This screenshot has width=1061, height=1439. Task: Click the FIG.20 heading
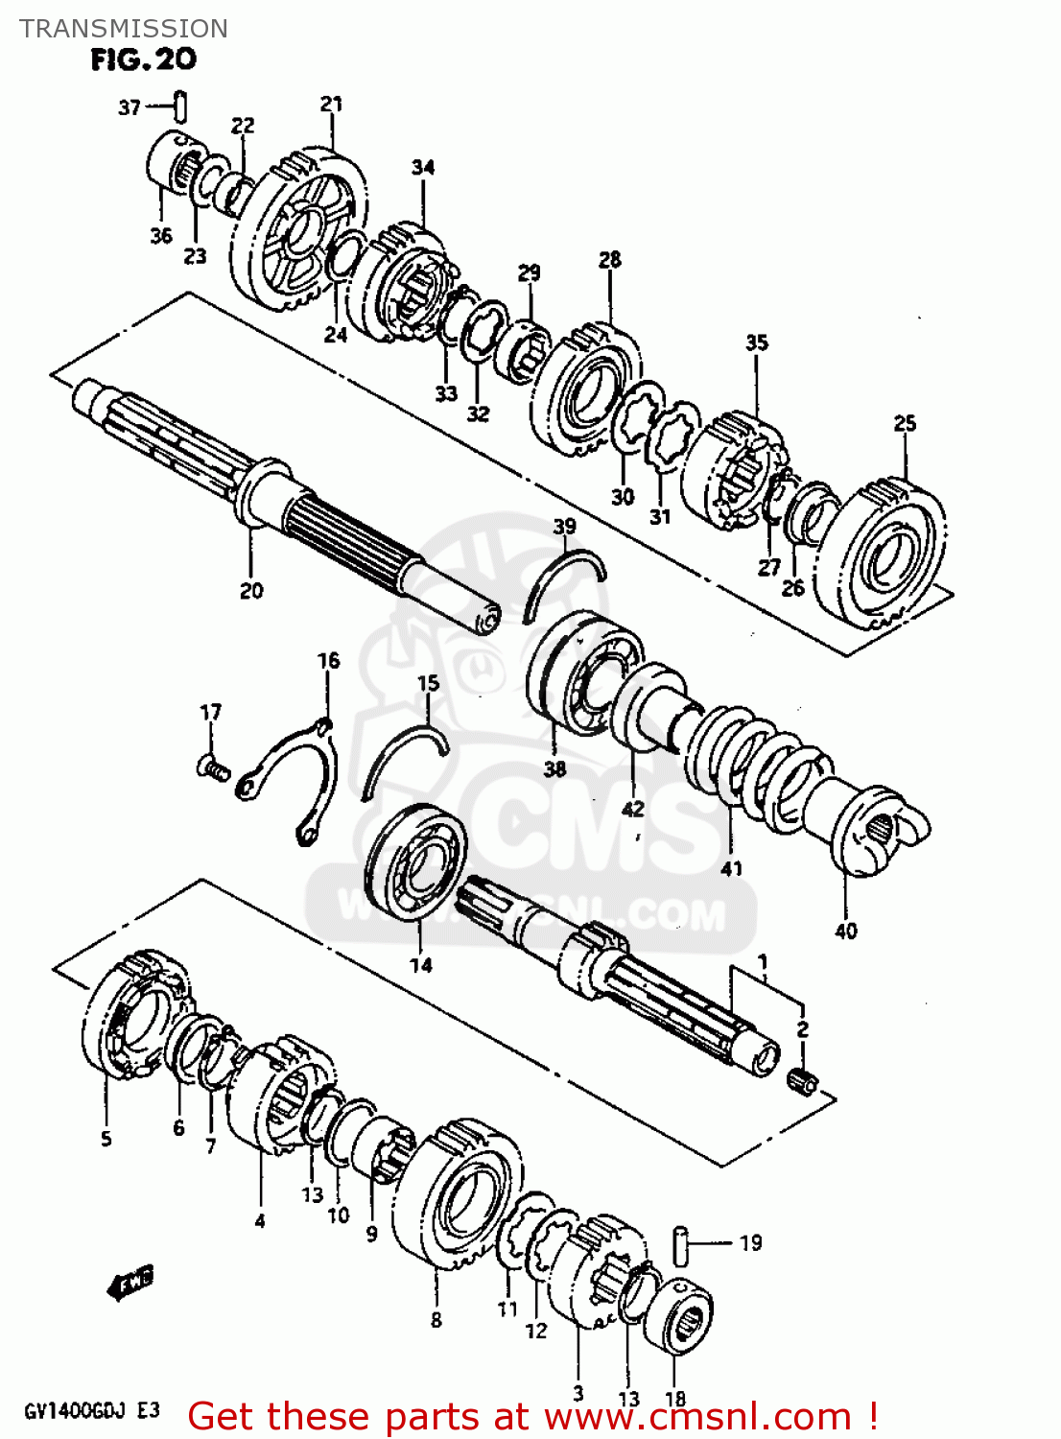(x=143, y=59)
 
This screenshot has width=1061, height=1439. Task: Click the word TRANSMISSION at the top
(x=124, y=29)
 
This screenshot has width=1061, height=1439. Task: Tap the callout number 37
(x=130, y=107)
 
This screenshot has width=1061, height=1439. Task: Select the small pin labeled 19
(x=682, y=1244)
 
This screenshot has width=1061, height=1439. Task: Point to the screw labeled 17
(x=214, y=766)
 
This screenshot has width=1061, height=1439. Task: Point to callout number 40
(x=845, y=931)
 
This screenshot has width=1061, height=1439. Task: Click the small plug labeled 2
(x=802, y=1080)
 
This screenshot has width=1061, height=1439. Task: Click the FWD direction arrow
(x=130, y=1282)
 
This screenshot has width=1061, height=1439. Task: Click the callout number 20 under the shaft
(x=251, y=591)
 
